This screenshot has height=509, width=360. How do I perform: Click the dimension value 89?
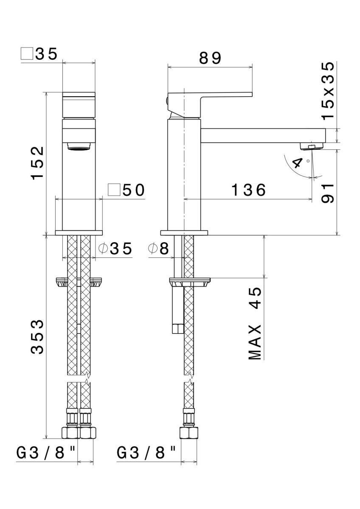(210, 59)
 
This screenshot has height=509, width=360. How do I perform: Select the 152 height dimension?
(38, 163)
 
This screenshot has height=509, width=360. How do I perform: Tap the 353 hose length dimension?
(38, 337)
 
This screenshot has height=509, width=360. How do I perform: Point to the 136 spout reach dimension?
(248, 190)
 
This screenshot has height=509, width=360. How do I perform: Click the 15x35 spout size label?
(327, 91)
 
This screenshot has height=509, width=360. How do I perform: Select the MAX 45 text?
(255, 323)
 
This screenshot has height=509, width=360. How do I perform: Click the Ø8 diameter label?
(159, 249)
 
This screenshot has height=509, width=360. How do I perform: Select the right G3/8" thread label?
(146, 453)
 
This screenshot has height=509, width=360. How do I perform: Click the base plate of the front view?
(79, 233)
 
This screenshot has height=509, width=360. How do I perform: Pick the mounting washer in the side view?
(190, 281)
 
